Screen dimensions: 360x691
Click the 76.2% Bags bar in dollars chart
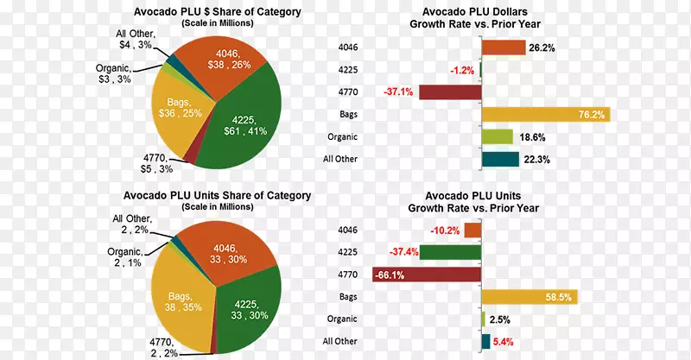click(x=544, y=114)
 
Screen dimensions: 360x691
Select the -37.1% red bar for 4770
click(x=449, y=92)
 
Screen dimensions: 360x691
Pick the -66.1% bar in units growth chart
click(x=426, y=275)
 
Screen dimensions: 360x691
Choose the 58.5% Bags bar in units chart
click(x=529, y=297)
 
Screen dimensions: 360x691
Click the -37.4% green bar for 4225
click(x=450, y=252)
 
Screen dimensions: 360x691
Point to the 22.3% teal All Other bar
click(x=499, y=159)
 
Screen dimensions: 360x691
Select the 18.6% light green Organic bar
click(x=497, y=136)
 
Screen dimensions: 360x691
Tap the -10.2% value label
click(x=445, y=231)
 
